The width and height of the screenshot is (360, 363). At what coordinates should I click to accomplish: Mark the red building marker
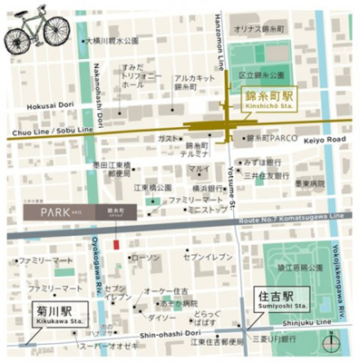[115, 244]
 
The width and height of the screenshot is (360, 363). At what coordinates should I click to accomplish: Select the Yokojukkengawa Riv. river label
[342, 272]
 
